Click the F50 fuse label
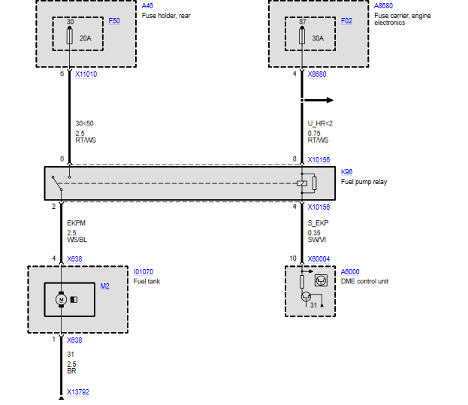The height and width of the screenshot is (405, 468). pos(114,21)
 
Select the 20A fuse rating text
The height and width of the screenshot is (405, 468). pos(85,38)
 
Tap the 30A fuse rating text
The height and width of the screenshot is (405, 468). pos(318,38)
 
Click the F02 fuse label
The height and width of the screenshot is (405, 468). pos(346,21)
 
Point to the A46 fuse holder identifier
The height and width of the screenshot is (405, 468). pos(147,6)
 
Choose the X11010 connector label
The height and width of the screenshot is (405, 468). pos(86,74)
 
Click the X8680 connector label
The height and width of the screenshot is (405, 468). pos(317,74)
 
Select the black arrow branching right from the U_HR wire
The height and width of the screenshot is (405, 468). pos(318,100)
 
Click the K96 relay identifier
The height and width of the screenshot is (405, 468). pos(346,172)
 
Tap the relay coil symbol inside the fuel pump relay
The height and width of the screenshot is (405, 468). pos(302,183)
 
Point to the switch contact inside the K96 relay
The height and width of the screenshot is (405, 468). pos(57,183)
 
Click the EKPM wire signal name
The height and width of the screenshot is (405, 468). pos(76,223)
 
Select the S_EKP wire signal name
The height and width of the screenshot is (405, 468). pos(319,223)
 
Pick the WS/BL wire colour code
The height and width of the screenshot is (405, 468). pos(77,240)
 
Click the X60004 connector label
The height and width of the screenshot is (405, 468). pos(319,258)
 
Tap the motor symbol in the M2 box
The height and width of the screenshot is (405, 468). pos(61,299)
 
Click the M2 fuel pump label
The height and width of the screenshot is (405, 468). pos(104,286)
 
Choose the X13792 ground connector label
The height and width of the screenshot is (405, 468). pos(78,392)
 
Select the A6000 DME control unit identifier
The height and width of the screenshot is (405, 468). pos(350,271)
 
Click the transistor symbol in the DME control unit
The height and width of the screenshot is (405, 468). pos(306,297)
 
